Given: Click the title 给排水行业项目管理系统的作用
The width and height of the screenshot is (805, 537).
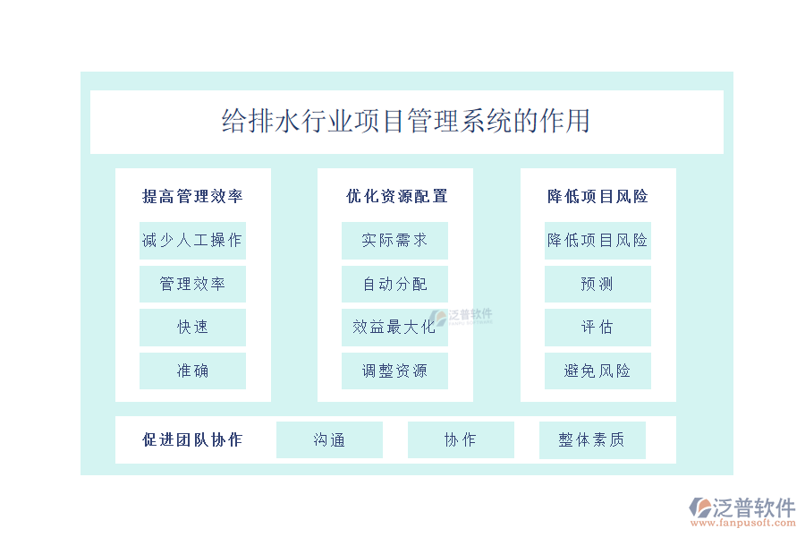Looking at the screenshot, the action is pyautogui.click(x=405, y=122).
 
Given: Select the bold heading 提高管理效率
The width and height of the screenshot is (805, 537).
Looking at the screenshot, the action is pyautogui.click(x=192, y=196).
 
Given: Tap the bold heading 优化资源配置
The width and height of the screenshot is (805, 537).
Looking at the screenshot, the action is pyautogui.click(x=396, y=196).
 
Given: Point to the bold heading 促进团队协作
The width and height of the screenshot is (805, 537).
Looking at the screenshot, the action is pyautogui.click(x=192, y=439).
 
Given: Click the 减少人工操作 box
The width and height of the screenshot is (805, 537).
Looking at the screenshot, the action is pyautogui.click(x=192, y=241).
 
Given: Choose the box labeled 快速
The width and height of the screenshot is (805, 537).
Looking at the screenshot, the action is pyautogui.click(x=192, y=328).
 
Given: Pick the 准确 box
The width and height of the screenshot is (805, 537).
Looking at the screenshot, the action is pyautogui.click(x=192, y=371).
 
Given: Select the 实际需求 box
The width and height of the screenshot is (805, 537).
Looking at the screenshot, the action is pyautogui.click(x=394, y=241).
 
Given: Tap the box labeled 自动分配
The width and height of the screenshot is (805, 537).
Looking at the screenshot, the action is pyautogui.click(x=394, y=285).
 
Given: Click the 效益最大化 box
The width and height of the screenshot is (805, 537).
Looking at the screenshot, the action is pyautogui.click(x=394, y=328).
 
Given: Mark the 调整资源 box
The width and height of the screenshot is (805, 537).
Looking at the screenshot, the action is pyautogui.click(x=394, y=371).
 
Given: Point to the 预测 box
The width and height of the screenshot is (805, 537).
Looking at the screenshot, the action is pyautogui.click(x=597, y=285).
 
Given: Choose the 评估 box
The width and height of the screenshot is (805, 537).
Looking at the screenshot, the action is pyautogui.click(x=597, y=328).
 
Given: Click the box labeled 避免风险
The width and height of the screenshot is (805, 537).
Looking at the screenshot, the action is pyautogui.click(x=597, y=371).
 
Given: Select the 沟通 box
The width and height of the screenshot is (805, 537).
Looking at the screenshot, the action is pyautogui.click(x=329, y=439).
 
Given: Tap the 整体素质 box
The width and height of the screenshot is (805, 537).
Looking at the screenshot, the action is pyautogui.click(x=592, y=439).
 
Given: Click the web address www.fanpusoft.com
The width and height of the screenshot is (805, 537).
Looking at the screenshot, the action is pyautogui.click(x=743, y=523).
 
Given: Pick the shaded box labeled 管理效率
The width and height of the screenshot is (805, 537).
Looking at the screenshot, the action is pyautogui.click(x=192, y=285).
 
